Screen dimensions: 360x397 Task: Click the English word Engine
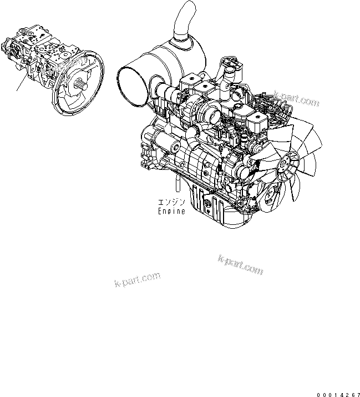tap(171, 211)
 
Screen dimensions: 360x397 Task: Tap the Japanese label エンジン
tap(171, 202)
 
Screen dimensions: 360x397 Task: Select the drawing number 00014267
tap(338, 395)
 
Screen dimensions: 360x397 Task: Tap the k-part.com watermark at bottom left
tap(138, 279)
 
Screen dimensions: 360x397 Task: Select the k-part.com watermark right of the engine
tap(297, 98)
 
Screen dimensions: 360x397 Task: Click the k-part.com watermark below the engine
tap(240, 265)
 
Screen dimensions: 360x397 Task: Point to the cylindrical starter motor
tap(166, 142)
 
